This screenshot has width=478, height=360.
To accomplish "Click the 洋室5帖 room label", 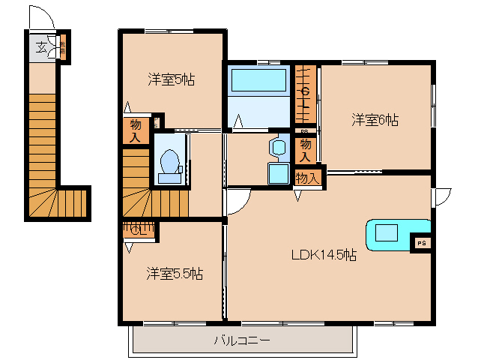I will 171,79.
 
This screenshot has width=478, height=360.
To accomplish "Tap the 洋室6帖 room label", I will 375,119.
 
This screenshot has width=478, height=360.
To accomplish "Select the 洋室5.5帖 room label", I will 174,274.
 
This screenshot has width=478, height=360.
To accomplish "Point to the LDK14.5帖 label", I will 324,255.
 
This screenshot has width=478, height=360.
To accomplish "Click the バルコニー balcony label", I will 242,340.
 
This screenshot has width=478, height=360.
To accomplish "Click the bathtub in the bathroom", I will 258,80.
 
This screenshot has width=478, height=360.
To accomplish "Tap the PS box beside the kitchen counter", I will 421,243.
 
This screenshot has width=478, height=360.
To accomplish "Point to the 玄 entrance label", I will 41,50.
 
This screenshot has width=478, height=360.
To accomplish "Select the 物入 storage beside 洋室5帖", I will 135,130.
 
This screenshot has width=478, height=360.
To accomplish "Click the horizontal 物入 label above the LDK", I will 307,178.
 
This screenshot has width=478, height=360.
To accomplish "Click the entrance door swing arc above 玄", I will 43,19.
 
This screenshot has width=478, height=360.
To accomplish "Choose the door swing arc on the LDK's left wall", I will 238,200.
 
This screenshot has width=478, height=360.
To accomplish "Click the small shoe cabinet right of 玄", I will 63,49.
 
